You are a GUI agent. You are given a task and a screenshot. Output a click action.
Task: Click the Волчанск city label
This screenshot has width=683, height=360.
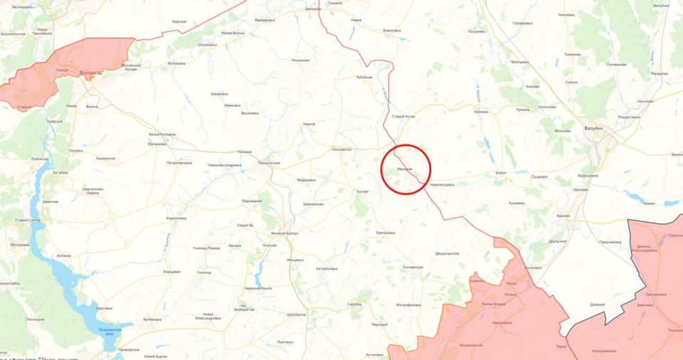coord(90,73)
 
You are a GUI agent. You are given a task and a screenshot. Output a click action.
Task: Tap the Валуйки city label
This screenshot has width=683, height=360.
coord(593,128)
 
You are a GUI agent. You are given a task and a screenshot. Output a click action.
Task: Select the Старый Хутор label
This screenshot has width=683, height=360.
coord(403,116)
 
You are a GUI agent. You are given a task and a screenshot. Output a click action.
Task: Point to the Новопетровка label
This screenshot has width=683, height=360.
coord(441,184)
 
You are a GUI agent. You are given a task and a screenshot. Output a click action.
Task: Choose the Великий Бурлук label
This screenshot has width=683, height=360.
coord(285,233)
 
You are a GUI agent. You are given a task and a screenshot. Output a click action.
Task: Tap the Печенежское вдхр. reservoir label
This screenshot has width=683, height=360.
coord(110,332)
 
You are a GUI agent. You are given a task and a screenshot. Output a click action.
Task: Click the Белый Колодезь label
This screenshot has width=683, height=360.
coord(162,134)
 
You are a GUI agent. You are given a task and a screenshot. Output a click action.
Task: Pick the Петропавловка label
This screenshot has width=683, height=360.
coord(179,163)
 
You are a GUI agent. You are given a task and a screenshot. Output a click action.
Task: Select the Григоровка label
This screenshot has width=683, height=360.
coord(384,233)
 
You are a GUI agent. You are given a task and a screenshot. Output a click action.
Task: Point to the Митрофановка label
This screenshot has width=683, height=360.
coord(409,305)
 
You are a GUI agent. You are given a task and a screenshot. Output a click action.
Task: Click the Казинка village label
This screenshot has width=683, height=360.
coord(481,112)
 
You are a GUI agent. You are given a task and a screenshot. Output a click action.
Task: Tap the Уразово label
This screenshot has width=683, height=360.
coord(563,215)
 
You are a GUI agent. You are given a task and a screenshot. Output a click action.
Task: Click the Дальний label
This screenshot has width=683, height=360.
coord(597,305)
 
